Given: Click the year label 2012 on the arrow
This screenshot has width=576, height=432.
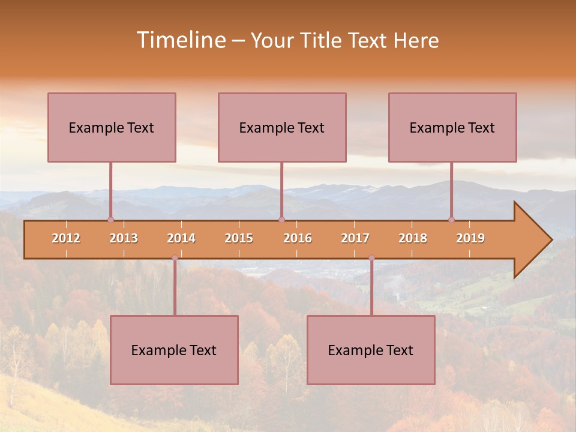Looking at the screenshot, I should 66,238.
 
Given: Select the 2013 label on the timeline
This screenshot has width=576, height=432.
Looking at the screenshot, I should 124,238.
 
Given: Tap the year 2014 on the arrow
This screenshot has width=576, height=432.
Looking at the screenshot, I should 181,238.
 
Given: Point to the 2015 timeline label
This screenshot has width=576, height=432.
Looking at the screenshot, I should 239,238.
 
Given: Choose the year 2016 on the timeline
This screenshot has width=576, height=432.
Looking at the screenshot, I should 298,238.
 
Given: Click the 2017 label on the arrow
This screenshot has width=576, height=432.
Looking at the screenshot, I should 355,238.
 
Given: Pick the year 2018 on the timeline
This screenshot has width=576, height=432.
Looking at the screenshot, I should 413,238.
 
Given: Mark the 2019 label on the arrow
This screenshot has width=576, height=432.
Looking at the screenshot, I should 470,238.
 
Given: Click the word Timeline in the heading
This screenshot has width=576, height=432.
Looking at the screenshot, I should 180,40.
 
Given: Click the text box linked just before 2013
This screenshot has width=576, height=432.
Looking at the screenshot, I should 112,127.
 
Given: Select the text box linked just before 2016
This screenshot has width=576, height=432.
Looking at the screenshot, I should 282,127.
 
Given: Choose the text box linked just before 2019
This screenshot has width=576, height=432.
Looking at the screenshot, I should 452,127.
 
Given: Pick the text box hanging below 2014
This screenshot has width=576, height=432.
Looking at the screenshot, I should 174,350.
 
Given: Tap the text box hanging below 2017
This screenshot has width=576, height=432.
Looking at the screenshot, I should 371,350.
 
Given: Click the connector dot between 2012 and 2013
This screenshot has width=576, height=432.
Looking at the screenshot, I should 110,220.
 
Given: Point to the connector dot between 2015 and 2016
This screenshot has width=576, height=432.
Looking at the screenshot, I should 281,220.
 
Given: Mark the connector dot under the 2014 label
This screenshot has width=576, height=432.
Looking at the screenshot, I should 175,258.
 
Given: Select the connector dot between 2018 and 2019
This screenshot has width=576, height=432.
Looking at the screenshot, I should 452,220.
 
